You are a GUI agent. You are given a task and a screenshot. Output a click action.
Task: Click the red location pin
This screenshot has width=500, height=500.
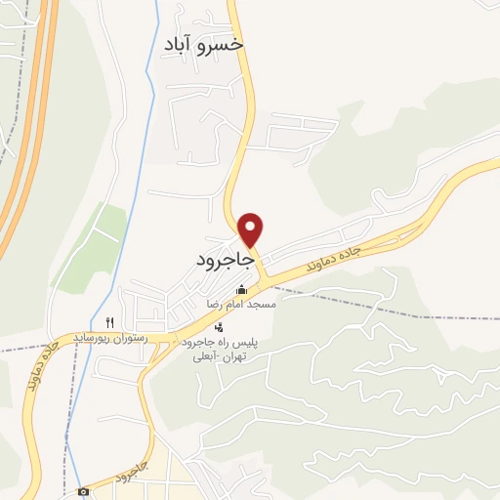click(x=252, y=229)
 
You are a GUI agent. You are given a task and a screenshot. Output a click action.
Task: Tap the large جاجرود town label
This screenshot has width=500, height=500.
click(x=224, y=262)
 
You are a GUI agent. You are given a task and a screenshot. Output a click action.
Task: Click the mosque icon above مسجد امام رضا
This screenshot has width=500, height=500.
click(x=240, y=290)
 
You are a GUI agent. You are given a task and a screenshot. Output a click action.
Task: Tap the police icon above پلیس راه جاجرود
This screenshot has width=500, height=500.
click(x=219, y=327)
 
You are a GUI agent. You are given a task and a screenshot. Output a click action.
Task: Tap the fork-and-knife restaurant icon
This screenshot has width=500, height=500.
click(x=110, y=322)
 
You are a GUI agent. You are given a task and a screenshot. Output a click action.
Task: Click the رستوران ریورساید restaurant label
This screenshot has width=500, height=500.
click(x=110, y=338)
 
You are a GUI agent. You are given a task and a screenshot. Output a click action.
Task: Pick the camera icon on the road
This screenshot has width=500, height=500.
click(x=84, y=490)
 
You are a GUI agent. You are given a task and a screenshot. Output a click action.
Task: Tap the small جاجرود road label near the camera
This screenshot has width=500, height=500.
click(x=130, y=473)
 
